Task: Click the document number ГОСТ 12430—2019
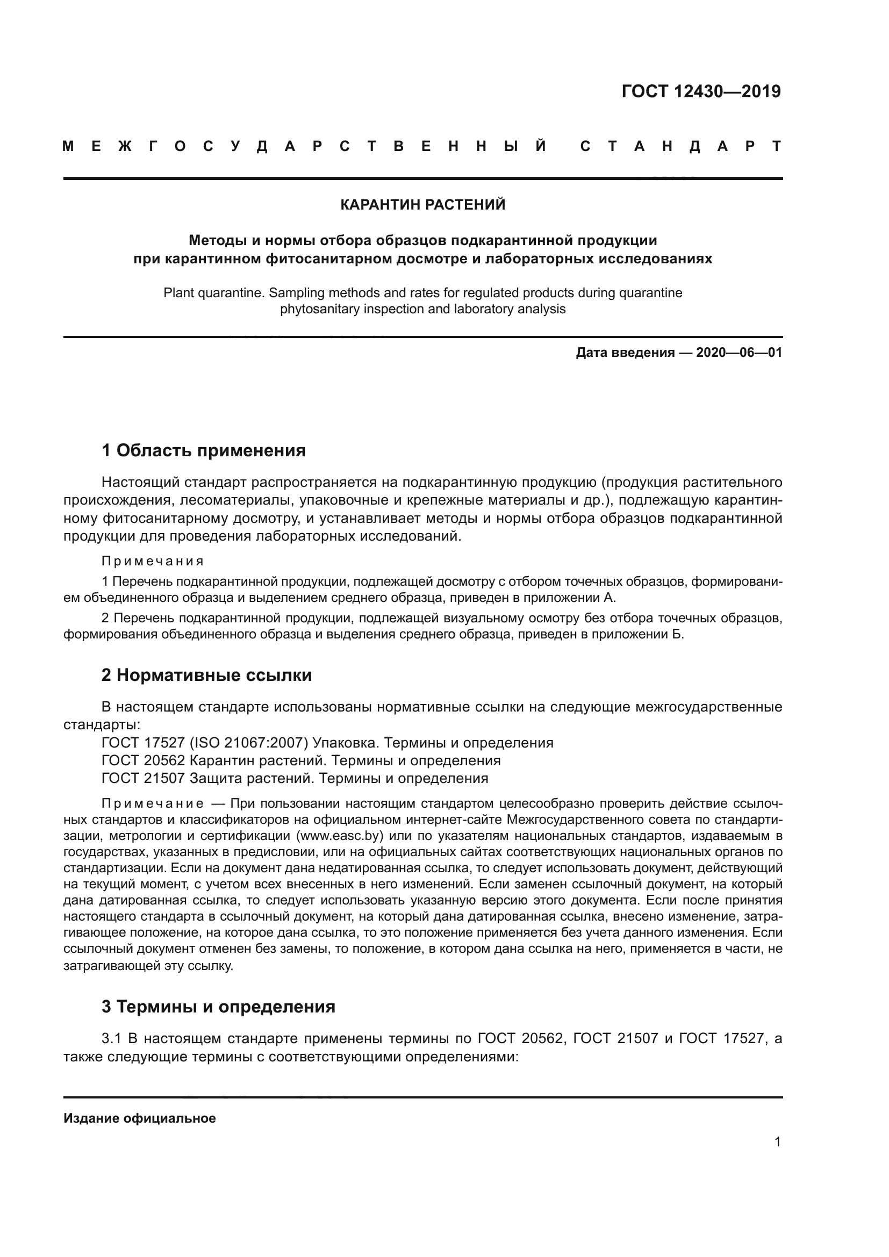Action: [701, 91]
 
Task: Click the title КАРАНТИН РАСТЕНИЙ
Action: [422, 205]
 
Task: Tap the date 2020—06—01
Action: [739, 353]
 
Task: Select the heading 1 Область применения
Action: [203, 450]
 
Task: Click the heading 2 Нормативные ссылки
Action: [206, 675]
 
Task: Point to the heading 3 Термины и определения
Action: [218, 1006]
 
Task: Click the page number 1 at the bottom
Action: [777, 1141]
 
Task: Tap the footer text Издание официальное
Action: [140, 1118]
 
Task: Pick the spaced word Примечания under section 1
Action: [153, 561]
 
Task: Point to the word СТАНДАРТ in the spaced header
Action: [680, 147]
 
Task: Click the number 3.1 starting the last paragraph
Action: [112, 1038]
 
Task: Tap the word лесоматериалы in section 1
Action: [233, 500]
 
